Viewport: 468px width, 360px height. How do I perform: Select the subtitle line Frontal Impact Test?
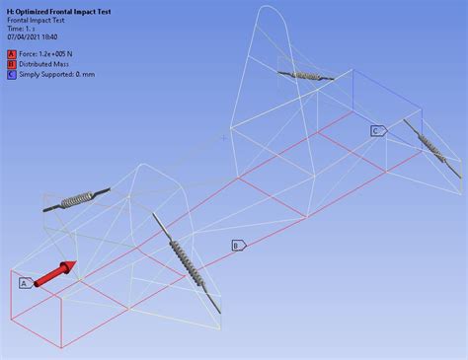coord(39,19)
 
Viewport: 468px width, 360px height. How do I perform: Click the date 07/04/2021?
coord(26,37)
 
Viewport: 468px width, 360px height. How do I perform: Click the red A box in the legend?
coord(11,54)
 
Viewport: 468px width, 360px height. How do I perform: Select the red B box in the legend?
coord(11,64)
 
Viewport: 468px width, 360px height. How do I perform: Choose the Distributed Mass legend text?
coord(48,64)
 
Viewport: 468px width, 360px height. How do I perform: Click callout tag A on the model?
coord(25,283)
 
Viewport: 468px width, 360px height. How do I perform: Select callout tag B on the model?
coord(238,245)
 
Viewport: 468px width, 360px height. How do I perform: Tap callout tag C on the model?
coord(377,130)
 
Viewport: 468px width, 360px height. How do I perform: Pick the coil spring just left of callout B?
coord(185,261)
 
